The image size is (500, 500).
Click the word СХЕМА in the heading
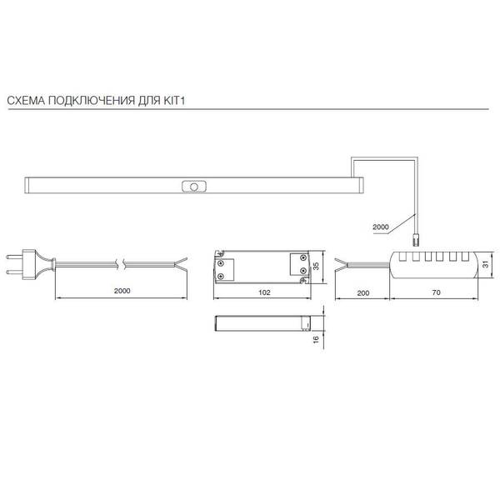point(26,101)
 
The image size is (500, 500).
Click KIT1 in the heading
point(174,101)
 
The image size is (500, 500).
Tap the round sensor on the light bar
point(194,187)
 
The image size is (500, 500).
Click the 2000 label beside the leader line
point(381,227)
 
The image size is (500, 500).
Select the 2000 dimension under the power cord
point(122,291)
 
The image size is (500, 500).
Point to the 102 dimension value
point(264,292)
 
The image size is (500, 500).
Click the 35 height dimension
point(316,266)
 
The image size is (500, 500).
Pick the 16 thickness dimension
point(316,339)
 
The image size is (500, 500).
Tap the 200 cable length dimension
point(363,293)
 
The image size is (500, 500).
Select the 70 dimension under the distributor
point(436,292)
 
